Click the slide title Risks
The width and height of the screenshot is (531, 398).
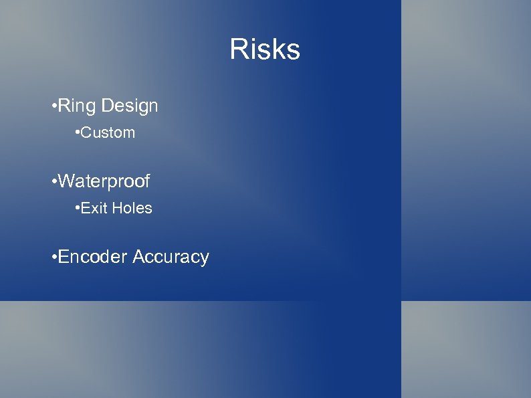pos(265,49)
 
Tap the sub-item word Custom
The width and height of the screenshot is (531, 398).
pos(108,133)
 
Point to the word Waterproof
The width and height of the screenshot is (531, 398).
pos(104,181)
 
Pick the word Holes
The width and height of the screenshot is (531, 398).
pos(132,209)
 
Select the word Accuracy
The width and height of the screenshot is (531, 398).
pos(171,257)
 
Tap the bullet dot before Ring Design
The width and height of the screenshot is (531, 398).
pos(53,106)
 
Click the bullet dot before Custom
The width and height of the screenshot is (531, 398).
pos(78,133)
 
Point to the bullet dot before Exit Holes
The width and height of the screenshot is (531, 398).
pos(78,209)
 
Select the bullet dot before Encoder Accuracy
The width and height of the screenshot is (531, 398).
pos(53,258)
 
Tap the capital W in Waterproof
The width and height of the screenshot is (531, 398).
pos(68,181)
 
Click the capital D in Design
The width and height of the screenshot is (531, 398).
pos(108,106)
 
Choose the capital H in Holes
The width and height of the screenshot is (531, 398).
pos(116,209)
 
